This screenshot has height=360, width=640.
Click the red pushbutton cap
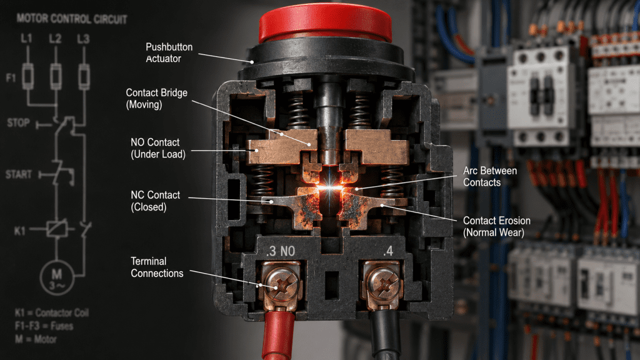(325, 23)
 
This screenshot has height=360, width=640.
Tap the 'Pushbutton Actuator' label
(169, 52)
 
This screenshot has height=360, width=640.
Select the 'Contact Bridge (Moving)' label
(156, 98)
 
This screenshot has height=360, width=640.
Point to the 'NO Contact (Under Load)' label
(158, 148)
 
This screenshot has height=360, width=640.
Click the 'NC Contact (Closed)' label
(155, 201)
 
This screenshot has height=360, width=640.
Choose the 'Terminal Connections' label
(157, 267)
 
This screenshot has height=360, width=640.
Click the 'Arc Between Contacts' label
(490, 176)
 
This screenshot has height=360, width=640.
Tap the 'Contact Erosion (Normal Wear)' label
(496, 226)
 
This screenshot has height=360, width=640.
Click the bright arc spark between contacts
(330, 187)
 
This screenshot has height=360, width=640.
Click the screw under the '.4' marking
(382, 282)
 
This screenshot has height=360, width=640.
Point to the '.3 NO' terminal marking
(281, 251)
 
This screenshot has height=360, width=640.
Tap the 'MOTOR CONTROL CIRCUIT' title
(72, 19)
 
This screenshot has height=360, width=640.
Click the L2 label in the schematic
(55, 39)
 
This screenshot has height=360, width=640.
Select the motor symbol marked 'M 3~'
(57, 277)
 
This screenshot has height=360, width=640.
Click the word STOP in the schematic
(18, 122)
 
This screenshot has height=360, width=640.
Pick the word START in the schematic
(19, 174)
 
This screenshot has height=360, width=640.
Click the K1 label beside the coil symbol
(20, 231)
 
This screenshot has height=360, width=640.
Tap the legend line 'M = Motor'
(36, 339)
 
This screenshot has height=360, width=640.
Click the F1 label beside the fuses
(11, 77)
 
